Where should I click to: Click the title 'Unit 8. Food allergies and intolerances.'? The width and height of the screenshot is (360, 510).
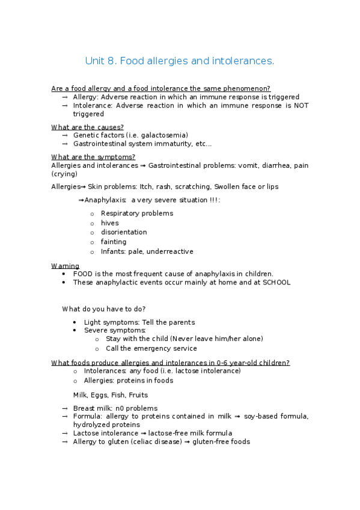pyautogui.click(x=180, y=61)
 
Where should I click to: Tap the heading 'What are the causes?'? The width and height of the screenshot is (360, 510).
pyautogui.click(x=88, y=127)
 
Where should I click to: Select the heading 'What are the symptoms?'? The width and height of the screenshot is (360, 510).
pyautogui.click(x=93, y=157)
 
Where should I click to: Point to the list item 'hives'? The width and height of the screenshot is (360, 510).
pyautogui.click(x=110, y=223)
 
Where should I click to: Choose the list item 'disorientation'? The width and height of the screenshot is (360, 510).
pyautogui.click(x=124, y=232)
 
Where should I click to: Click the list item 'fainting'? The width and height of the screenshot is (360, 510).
pyautogui.click(x=114, y=242)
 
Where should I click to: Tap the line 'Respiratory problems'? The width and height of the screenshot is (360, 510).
pyautogui.click(x=136, y=213)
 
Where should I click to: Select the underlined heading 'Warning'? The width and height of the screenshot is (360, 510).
pyautogui.click(x=65, y=266)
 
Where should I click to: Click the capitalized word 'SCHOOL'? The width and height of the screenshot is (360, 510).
pyautogui.click(x=276, y=282)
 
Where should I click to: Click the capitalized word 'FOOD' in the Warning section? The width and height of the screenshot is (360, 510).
pyautogui.click(x=82, y=274)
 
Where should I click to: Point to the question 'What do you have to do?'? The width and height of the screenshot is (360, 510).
pyautogui.click(x=103, y=309)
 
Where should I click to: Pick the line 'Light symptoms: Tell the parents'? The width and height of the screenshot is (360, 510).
pyautogui.click(x=139, y=322)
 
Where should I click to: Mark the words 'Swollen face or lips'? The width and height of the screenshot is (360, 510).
pyautogui.click(x=246, y=186)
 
